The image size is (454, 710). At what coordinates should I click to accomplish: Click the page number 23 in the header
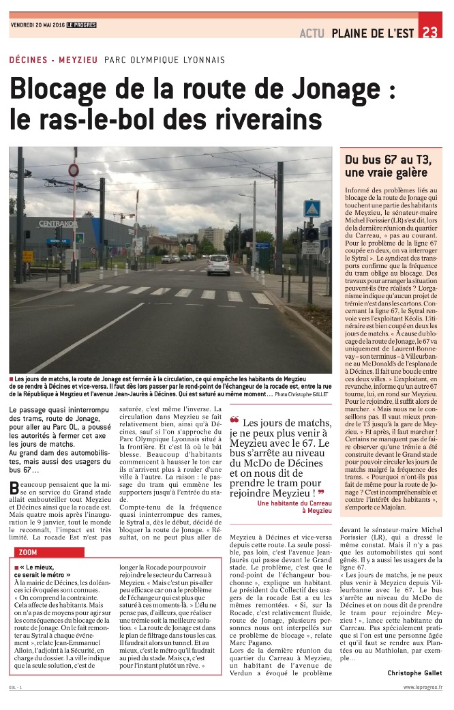pos(430,32)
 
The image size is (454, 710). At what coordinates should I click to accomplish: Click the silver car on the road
pos(218,265)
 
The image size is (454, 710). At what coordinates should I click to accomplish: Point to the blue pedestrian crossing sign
pos(312,208)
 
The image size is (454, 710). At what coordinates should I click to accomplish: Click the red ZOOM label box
pos(29,552)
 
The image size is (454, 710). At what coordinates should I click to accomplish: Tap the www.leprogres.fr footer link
pos(422,688)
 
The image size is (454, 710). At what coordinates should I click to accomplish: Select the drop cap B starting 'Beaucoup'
pos(15,487)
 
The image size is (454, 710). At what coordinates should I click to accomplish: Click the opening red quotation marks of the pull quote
pos(234,420)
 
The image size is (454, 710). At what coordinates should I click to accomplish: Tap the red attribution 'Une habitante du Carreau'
pos(294,503)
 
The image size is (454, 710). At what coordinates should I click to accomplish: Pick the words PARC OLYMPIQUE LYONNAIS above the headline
pos(164,60)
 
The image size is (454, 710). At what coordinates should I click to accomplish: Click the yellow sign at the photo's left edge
pos(27,256)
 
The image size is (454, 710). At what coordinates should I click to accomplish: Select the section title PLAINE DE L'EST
pos(374,33)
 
